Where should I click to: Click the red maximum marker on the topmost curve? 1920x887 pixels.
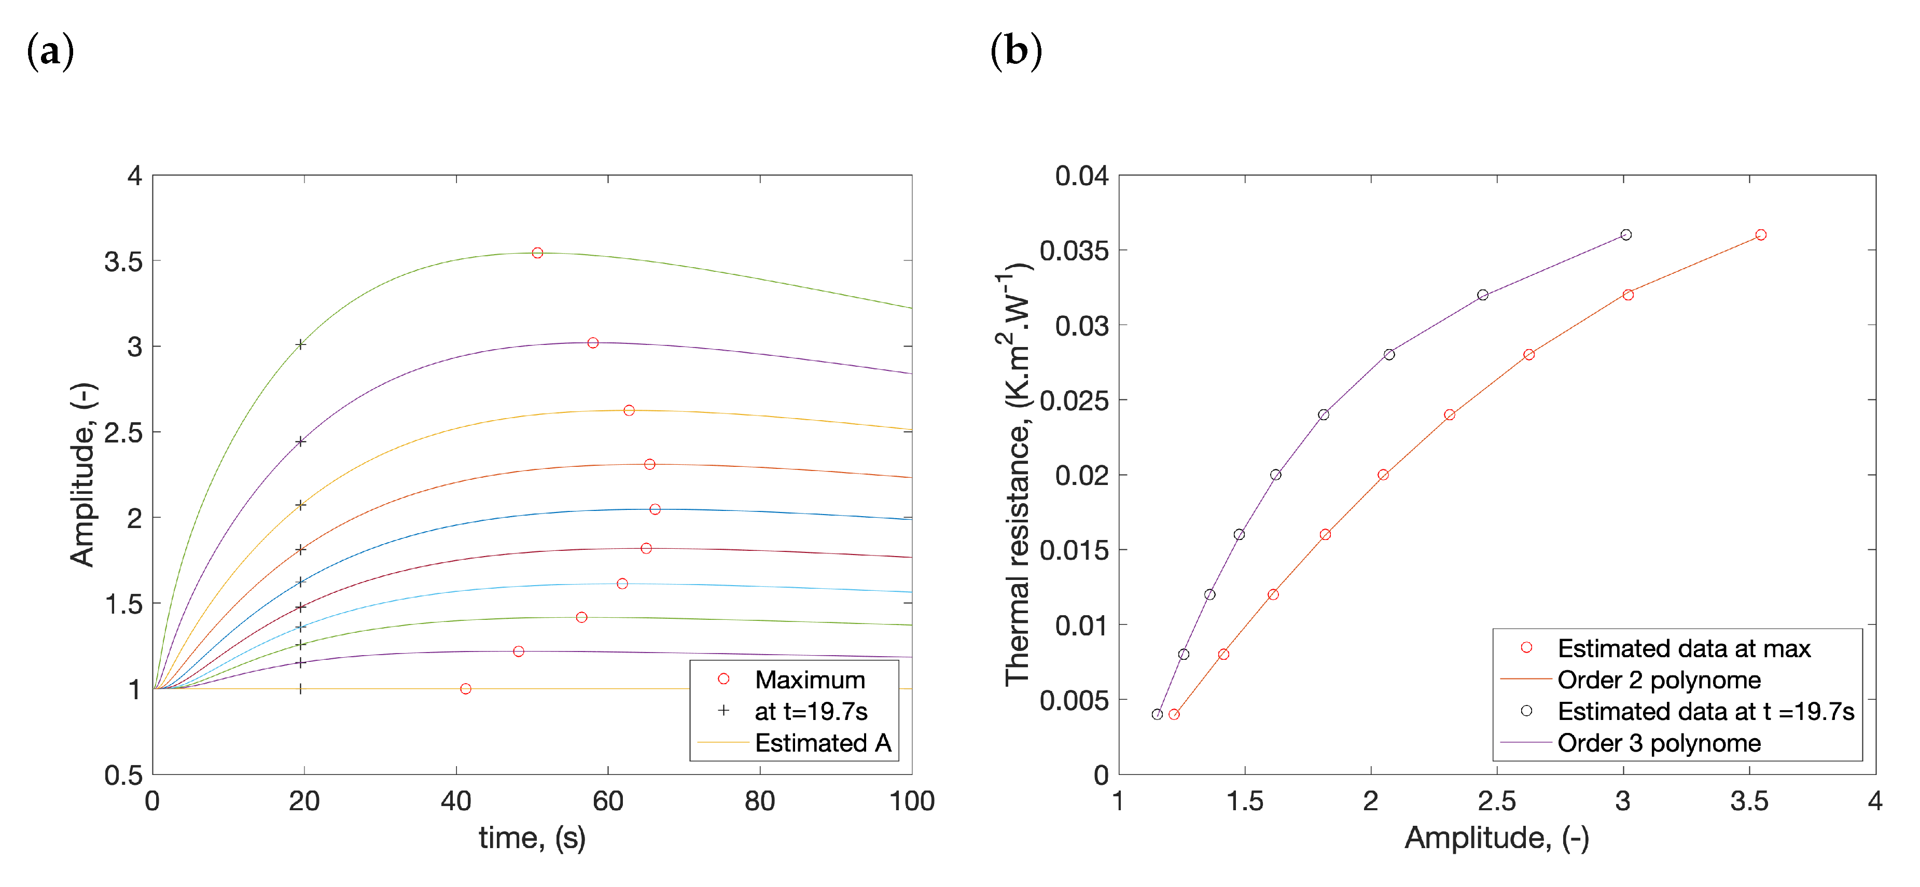pyautogui.click(x=537, y=253)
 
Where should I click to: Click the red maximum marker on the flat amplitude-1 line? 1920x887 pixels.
pyautogui.click(x=466, y=689)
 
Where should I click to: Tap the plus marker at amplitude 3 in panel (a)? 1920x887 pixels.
pyautogui.click(x=300, y=344)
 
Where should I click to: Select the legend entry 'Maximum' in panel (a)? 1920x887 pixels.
pyautogui.click(x=810, y=680)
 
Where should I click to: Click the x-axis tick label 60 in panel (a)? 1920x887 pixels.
pyautogui.click(x=607, y=801)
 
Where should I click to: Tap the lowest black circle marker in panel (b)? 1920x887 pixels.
pyautogui.click(x=1157, y=714)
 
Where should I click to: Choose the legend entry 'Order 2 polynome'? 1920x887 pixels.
pyautogui.click(x=1659, y=680)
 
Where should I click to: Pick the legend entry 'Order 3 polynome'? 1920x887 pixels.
pyautogui.click(x=1659, y=743)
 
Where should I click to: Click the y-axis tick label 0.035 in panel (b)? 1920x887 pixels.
pyautogui.click(x=1074, y=251)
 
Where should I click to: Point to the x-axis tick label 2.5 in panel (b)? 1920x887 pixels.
pyautogui.click(x=1497, y=801)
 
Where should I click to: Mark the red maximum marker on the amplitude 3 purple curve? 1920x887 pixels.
pyautogui.click(x=593, y=343)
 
